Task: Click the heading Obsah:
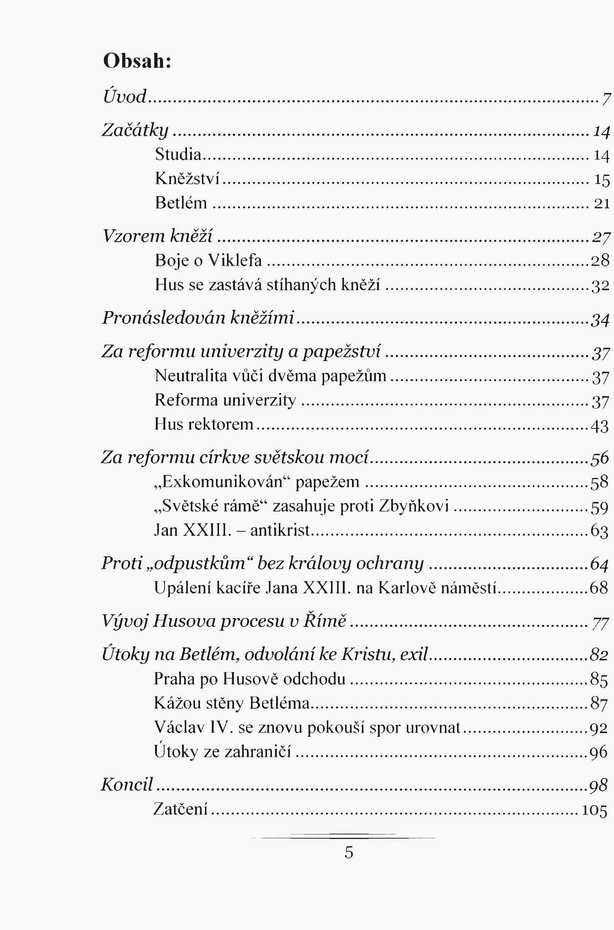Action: click(137, 61)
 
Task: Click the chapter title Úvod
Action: click(125, 96)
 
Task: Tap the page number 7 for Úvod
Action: click(606, 98)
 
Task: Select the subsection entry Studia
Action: click(178, 154)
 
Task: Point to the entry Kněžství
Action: click(187, 179)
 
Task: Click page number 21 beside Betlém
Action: click(601, 203)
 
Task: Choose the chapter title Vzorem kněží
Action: click(157, 236)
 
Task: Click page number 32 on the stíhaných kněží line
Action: click(600, 286)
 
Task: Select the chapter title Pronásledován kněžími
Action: click(198, 318)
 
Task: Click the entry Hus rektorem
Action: click(204, 424)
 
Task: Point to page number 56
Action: click(600, 458)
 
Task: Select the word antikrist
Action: click(280, 531)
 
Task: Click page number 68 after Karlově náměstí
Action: click(599, 588)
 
